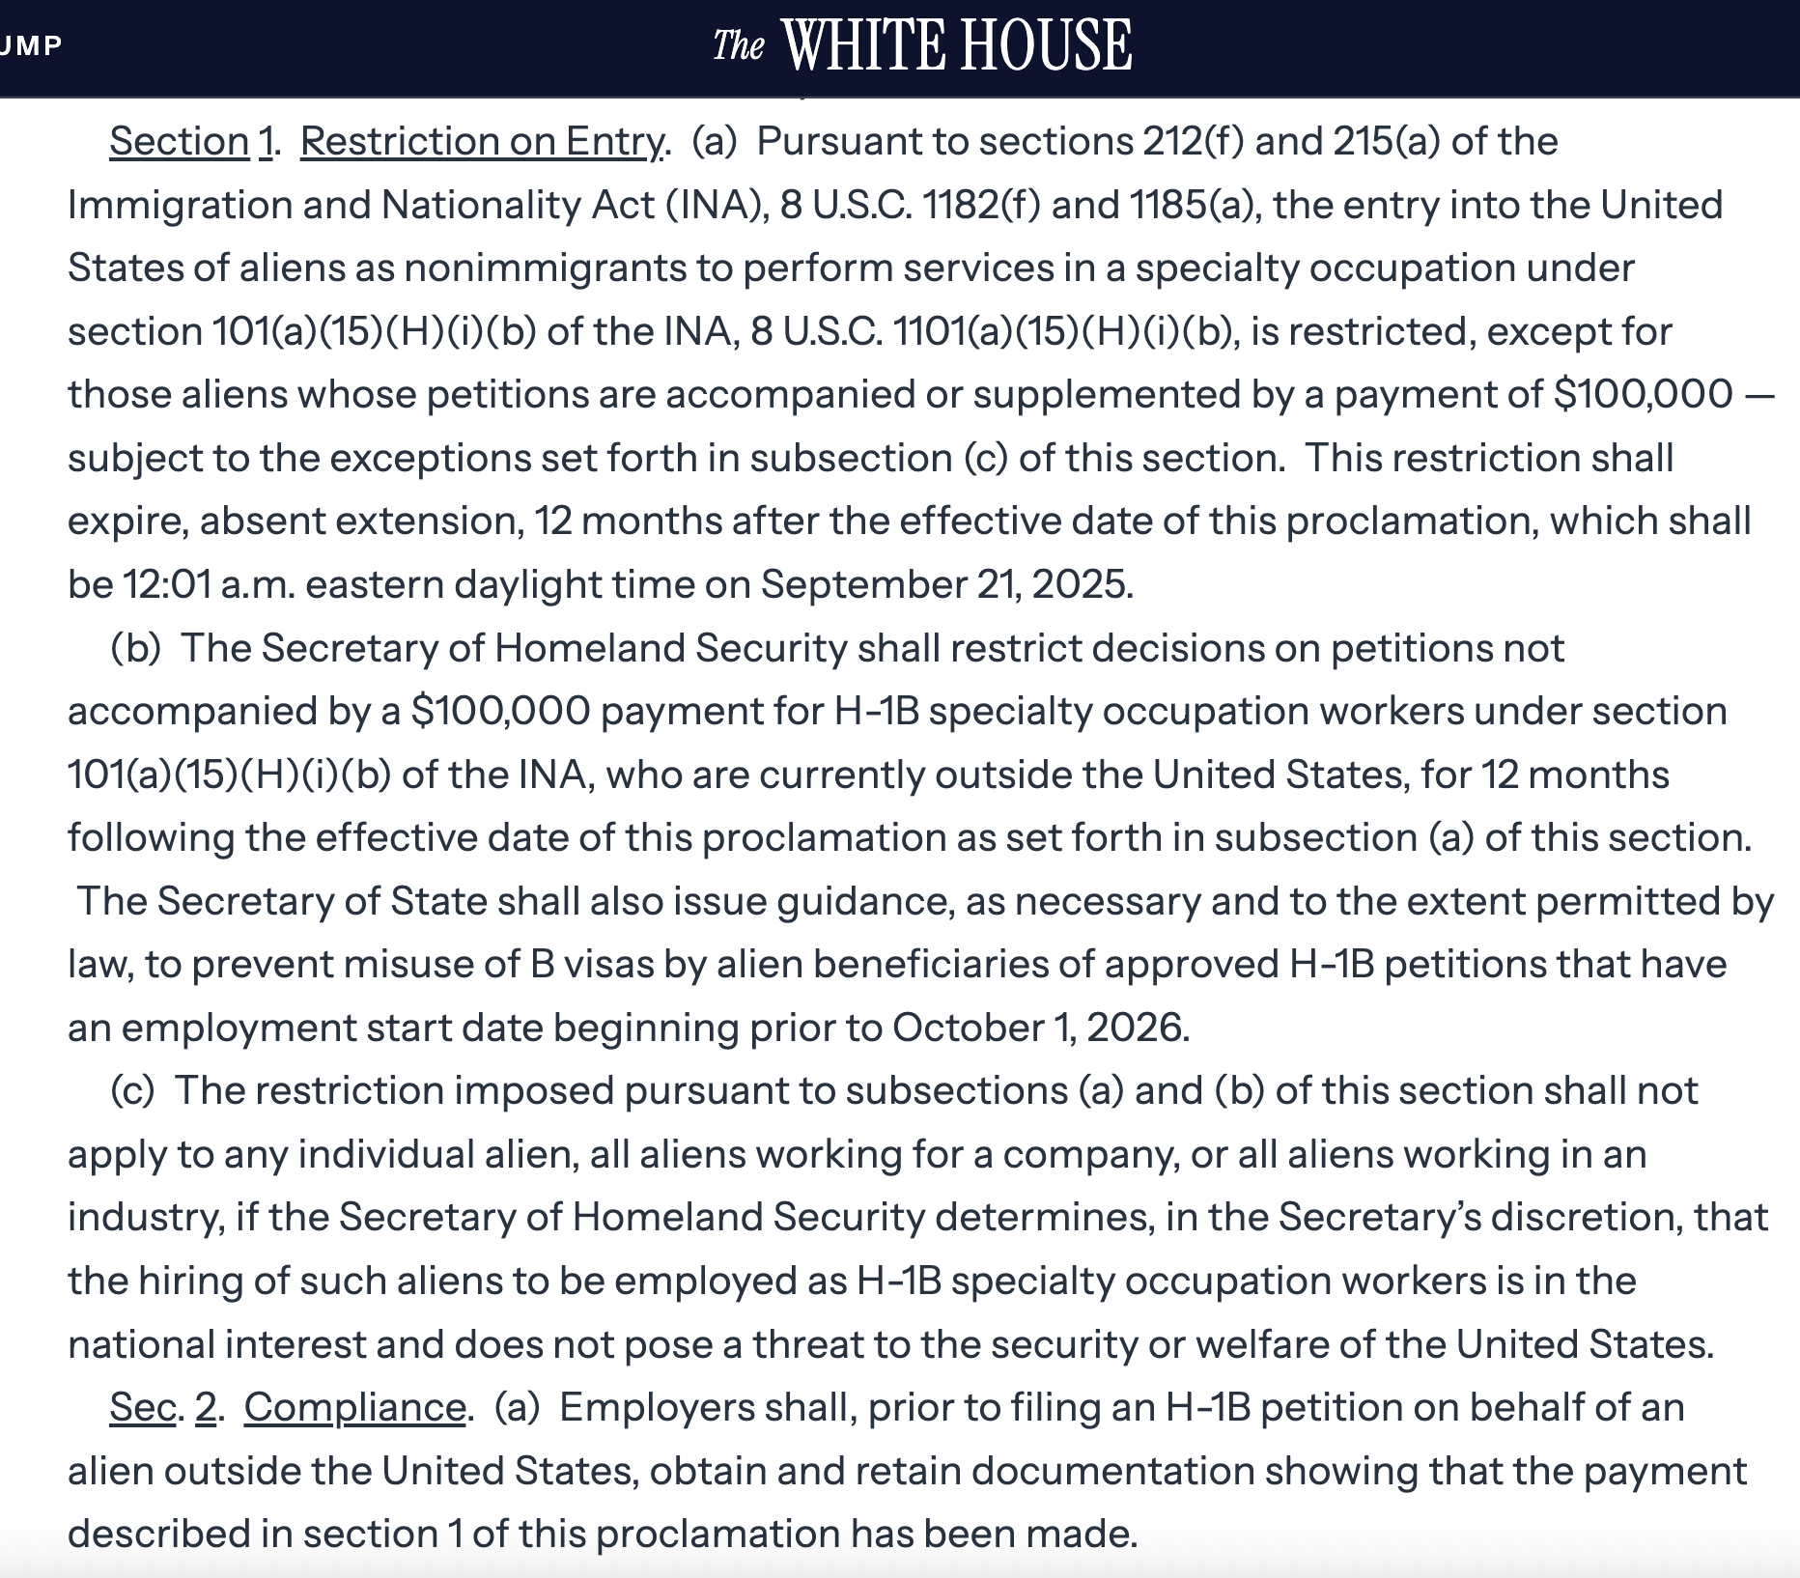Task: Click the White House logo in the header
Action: pyautogui.click(x=922, y=44)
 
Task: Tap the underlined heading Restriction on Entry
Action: pyautogui.click(x=482, y=142)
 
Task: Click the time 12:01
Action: pyautogui.click(x=167, y=584)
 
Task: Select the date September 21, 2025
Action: pyautogui.click(x=946, y=584)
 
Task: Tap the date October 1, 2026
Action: pyautogui.click(x=1040, y=1028)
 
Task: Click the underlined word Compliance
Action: pyautogui.click(x=354, y=1407)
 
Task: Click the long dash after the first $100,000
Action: pyautogui.click(x=1761, y=395)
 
